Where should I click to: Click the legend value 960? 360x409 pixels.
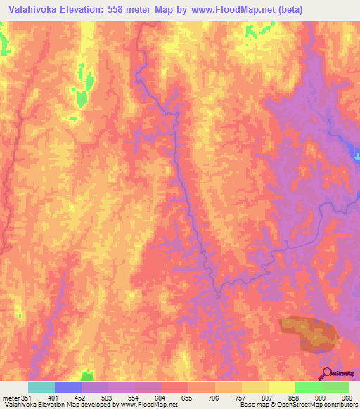click(x=345, y=397)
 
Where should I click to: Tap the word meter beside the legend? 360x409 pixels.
click(x=12, y=397)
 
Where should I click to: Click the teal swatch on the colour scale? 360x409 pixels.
click(x=41, y=387)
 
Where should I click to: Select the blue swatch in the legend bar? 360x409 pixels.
click(x=68, y=387)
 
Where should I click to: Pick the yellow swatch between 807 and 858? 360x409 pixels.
click(x=282, y=387)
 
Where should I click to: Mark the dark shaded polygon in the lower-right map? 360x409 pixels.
click(x=309, y=333)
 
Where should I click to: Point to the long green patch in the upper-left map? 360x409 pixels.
click(x=83, y=88)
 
